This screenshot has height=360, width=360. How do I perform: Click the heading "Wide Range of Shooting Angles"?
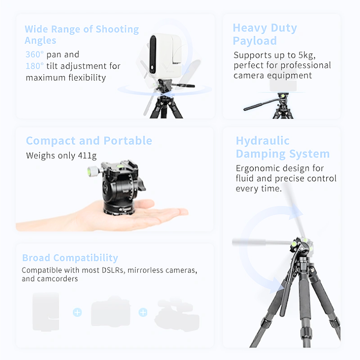[82, 35]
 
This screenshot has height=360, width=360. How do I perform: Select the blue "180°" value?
[35, 66]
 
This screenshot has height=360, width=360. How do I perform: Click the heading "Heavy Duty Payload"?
[264, 34]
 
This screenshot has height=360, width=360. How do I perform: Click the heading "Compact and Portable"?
[89, 140]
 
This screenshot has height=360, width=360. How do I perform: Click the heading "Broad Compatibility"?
[70, 258]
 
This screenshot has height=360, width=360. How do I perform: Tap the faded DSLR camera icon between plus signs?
[110, 312]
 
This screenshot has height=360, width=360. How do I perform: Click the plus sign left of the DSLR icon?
[77, 312]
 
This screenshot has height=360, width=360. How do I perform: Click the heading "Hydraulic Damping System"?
[282, 147]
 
